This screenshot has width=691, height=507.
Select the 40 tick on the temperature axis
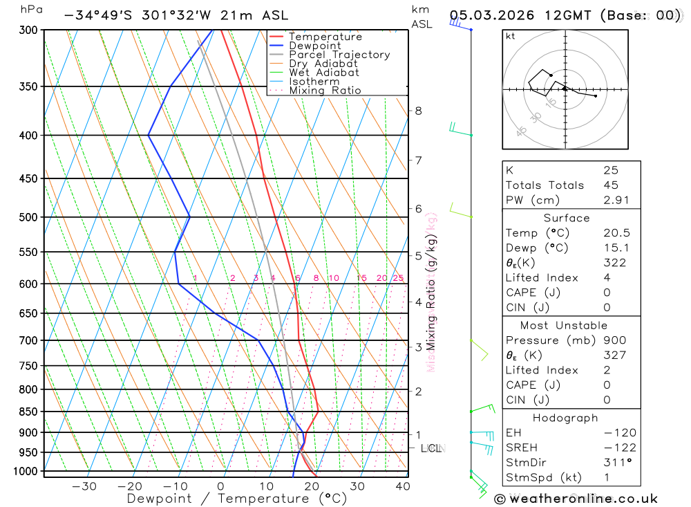(403, 486)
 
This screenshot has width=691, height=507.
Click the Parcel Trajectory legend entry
(339, 55)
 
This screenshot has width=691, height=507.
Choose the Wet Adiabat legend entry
(323, 73)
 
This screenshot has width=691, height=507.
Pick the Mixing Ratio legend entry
(324, 91)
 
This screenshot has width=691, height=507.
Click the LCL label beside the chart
(431, 448)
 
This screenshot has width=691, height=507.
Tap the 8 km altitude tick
(418, 111)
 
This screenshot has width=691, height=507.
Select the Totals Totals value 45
(610, 185)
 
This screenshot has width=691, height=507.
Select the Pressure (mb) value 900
(614, 340)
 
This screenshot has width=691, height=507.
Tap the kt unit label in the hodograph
(511, 36)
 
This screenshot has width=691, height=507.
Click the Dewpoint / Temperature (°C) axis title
(236, 498)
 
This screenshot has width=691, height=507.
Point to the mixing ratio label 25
(398, 278)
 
